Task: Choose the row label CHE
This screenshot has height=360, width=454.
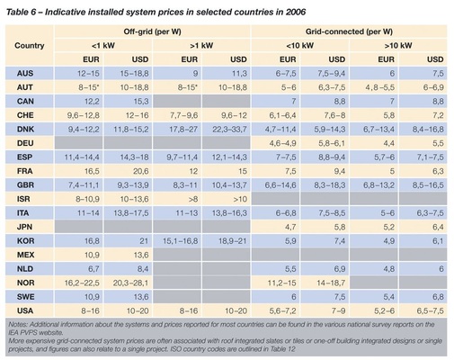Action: (x=25, y=116)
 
